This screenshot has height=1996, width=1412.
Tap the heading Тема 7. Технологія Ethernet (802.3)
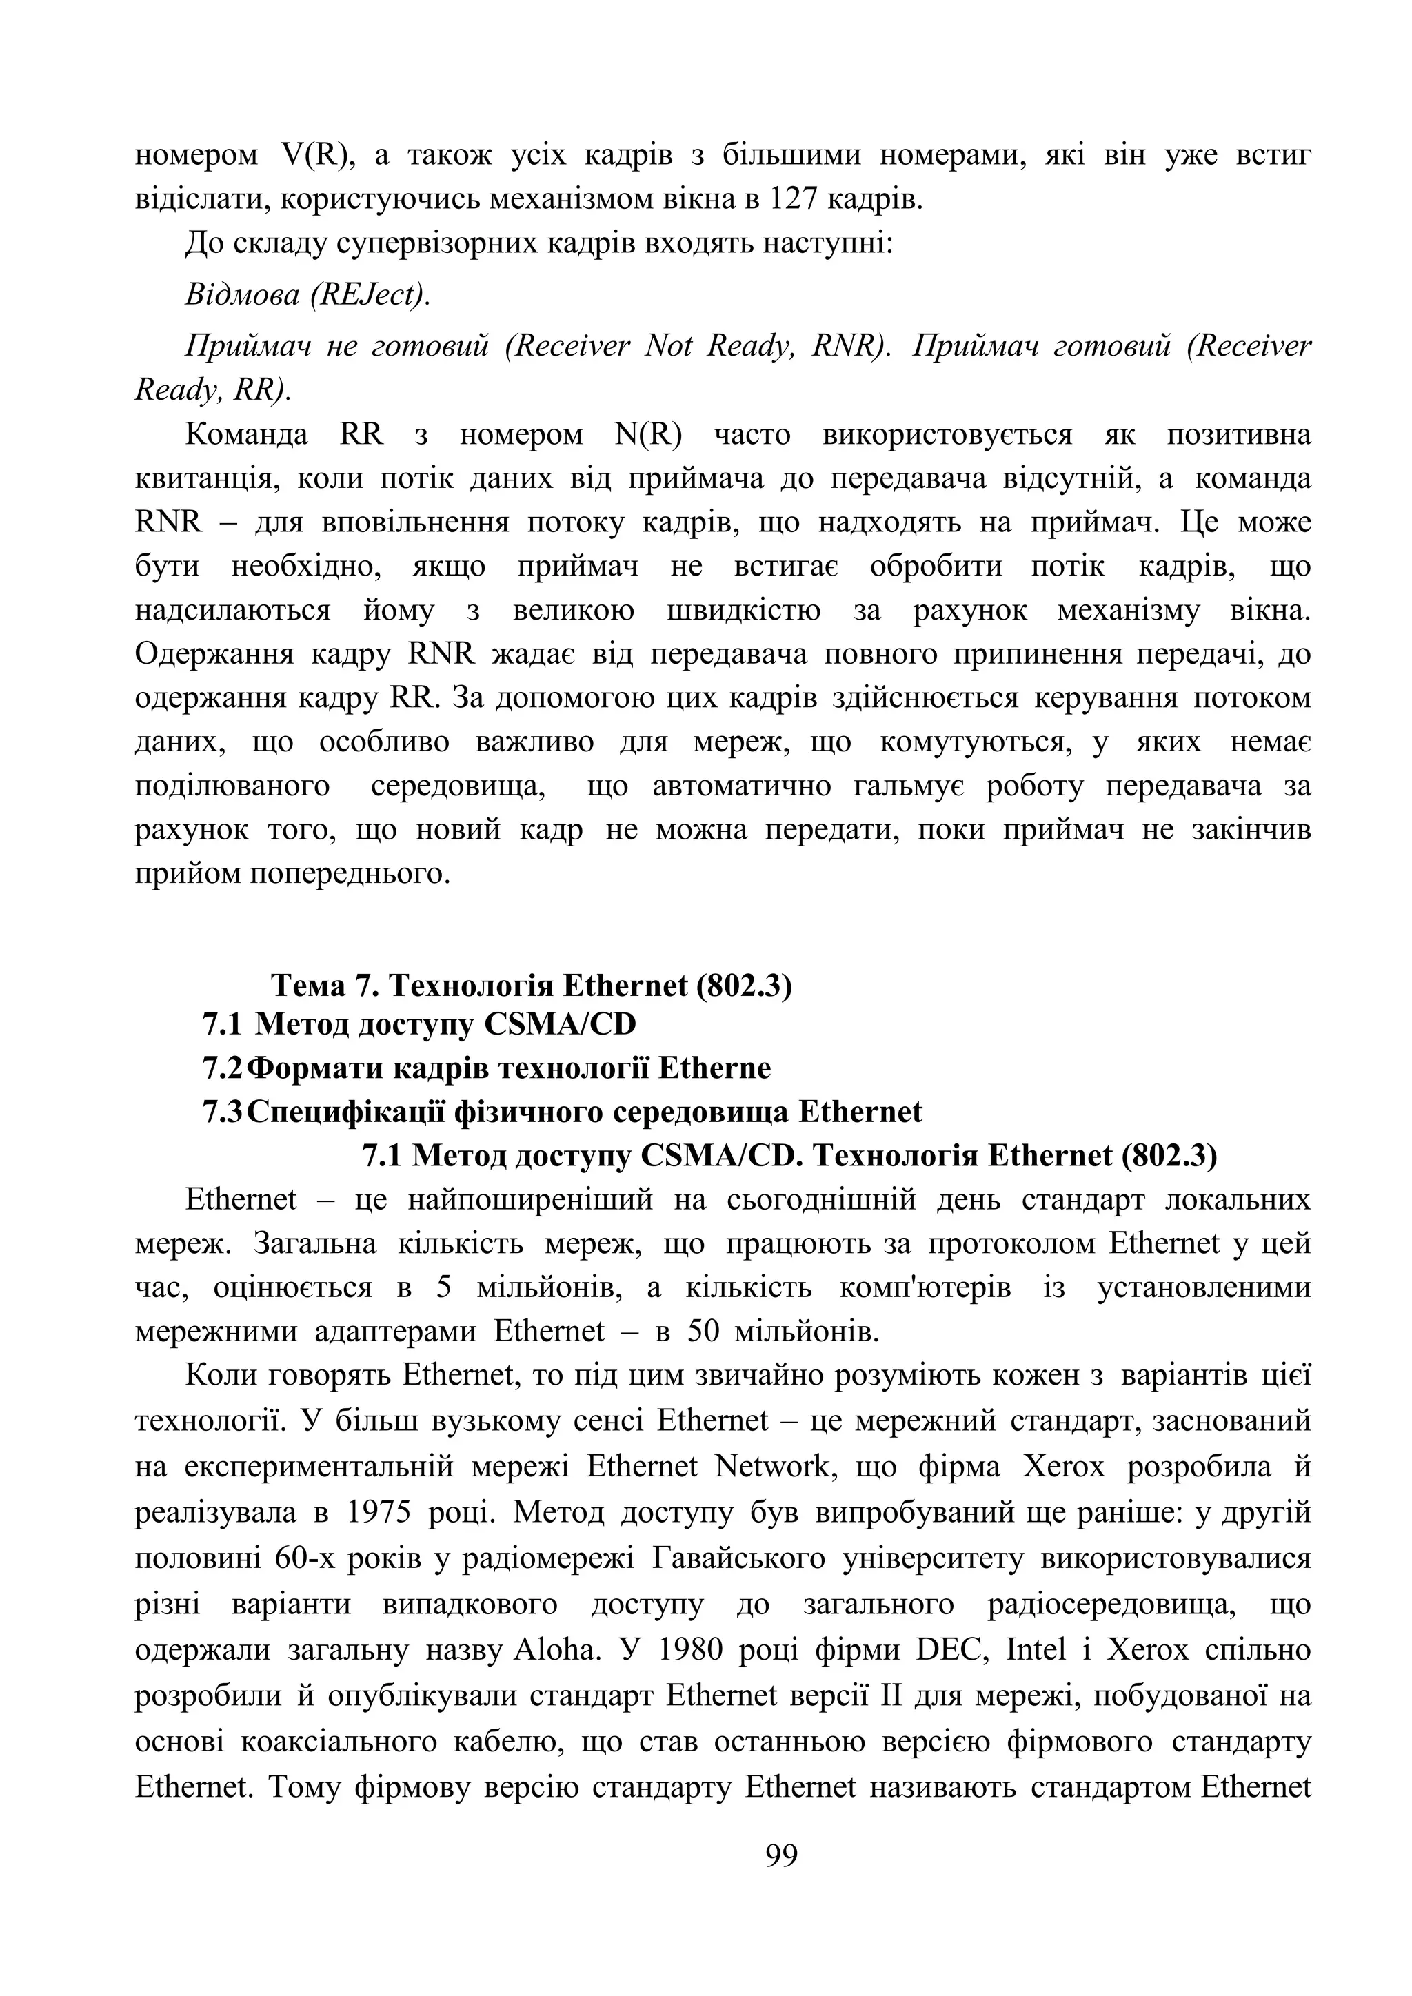532,986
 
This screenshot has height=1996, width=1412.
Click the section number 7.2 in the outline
223,1068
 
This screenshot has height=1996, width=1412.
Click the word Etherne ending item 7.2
714,1068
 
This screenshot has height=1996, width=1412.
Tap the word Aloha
554,1650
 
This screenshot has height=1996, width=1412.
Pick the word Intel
1036,1650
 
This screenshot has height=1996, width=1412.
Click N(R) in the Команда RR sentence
648,435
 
